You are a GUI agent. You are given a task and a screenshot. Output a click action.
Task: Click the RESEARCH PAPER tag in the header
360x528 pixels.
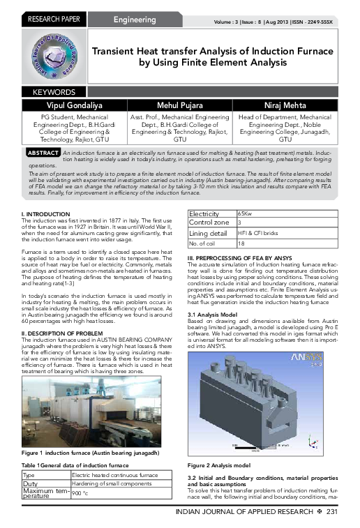click(x=52, y=20)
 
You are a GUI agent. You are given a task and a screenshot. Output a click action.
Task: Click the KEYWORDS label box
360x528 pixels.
click(x=54, y=92)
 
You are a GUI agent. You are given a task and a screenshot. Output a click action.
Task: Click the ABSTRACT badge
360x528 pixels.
click(x=43, y=152)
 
